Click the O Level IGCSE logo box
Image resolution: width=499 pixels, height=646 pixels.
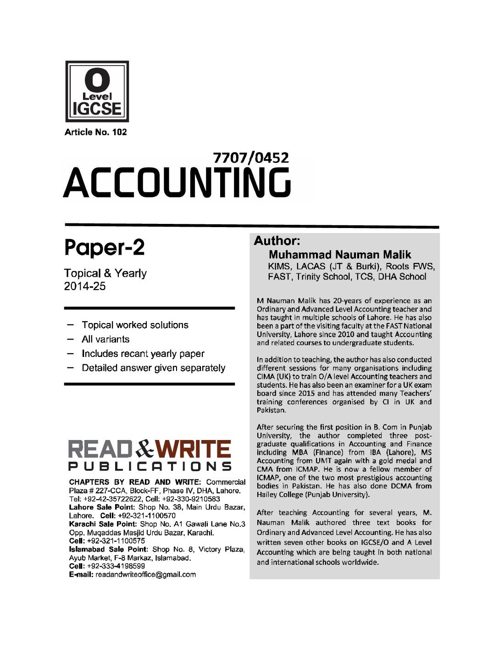(x=97, y=91)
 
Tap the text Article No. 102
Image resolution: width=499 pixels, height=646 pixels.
(x=95, y=133)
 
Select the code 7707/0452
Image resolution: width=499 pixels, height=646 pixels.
(x=251, y=158)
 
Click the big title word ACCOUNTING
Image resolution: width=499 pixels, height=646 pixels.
(x=177, y=183)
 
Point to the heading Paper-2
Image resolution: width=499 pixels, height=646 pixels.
(x=105, y=248)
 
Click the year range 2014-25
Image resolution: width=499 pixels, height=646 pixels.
(x=85, y=286)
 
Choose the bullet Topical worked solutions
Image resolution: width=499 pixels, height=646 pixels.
(x=135, y=325)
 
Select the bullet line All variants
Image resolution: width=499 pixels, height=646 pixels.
(x=105, y=340)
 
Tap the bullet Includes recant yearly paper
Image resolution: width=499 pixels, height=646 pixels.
(x=143, y=354)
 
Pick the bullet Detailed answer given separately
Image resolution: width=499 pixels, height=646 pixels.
(x=153, y=368)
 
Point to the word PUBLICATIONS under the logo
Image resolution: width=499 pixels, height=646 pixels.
(x=150, y=467)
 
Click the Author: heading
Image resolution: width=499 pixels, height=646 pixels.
(x=277, y=241)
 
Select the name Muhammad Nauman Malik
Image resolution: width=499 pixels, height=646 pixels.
(x=340, y=255)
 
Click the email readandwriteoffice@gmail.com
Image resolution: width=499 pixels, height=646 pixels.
(x=145, y=574)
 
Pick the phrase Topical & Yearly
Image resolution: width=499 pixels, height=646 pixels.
(x=105, y=273)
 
